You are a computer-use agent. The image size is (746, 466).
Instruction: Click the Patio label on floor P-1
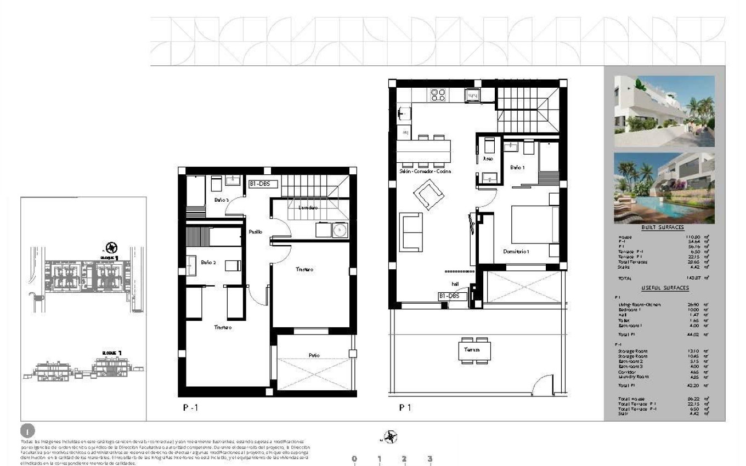pyautogui.click(x=314, y=355)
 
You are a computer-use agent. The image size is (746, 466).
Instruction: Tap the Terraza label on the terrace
pyautogui.click(x=472, y=349)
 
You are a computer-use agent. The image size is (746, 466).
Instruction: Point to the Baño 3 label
pyautogui.click(x=222, y=200)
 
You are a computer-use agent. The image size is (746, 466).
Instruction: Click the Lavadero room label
pyautogui.click(x=308, y=208)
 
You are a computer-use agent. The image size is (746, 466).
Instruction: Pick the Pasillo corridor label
pyautogui.click(x=255, y=232)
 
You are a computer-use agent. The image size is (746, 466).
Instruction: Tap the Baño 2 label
pyautogui.click(x=208, y=263)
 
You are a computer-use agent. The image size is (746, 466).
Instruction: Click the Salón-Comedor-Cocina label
pyautogui.click(x=425, y=172)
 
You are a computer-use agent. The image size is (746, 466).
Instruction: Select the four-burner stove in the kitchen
pyautogui.click(x=438, y=95)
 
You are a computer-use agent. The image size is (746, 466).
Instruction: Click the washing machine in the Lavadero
pyautogui.click(x=340, y=230)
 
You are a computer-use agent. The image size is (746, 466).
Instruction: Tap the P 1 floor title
pyautogui.click(x=405, y=407)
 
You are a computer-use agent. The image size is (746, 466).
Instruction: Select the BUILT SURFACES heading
pyautogui.click(x=662, y=228)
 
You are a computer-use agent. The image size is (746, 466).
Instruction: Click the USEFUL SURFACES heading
pyautogui.click(x=665, y=288)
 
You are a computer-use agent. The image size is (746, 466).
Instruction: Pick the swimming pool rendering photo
pyautogui.click(x=664, y=188)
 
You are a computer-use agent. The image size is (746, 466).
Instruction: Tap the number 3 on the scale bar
pyautogui.click(x=430, y=459)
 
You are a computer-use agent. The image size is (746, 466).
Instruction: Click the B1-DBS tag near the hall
pyautogui.click(x=453, y=296)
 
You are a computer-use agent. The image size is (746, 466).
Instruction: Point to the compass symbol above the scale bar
pyautogui.click(x=390, y=437)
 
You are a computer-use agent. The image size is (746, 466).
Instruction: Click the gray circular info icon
pyautogui.click(x=27, y=431)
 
